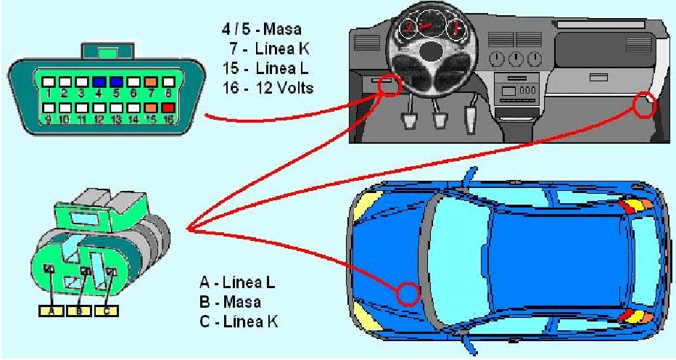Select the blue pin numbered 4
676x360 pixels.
tap(99, 81)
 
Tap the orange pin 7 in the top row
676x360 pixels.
tap(151, 81)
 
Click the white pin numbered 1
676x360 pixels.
tap(49, 81)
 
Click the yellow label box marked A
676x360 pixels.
tap(51, 311)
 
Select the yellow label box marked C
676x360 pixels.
tap(106, 311)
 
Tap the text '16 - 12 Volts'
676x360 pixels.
tap(268, 88)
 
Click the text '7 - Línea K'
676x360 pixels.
tap(269, 49)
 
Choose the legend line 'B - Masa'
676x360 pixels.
tap(230, 301)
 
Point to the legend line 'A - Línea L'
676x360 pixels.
tap(237, 282)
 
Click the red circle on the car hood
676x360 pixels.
tap(408, 295)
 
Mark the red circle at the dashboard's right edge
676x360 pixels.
tap(645, 106)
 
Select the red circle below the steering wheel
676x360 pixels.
tap(389, 85)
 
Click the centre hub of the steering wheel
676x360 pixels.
tap(430, 52)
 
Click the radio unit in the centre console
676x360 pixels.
tap(516, 90)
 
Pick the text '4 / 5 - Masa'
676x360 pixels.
tap(261, 29)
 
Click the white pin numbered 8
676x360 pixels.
tap(168, 81)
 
